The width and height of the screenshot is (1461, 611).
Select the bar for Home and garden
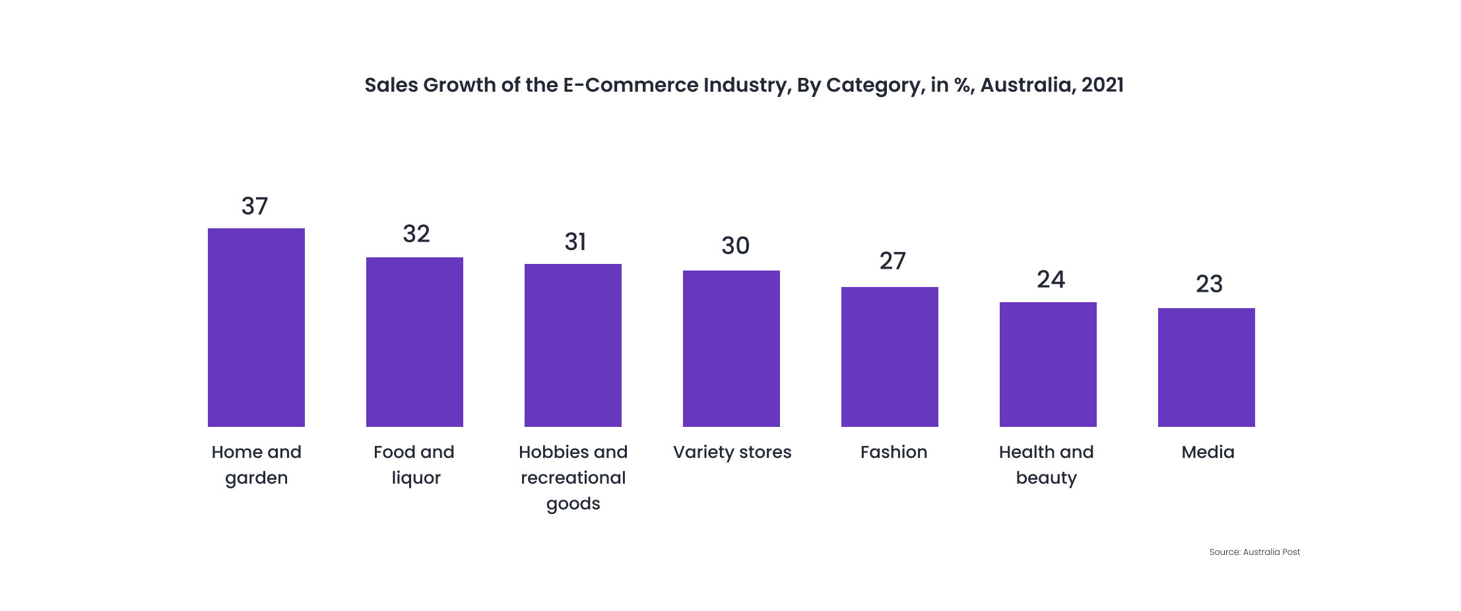tap(256, 327)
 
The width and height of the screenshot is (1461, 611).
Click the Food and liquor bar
tap(414, 342)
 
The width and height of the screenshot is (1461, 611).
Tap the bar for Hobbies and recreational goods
tap(573, 345)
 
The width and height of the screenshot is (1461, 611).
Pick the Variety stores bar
tap(731, 348)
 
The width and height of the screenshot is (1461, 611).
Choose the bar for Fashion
tap(890, 356)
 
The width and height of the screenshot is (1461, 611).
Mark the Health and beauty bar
tap(1048, 364)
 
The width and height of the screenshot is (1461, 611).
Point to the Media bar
tap(1206, 367)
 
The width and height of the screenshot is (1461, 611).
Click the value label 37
tap(255, 207)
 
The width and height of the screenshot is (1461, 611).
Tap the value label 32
tap(416, 234)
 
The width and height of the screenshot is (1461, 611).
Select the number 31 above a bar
tap(575, 242)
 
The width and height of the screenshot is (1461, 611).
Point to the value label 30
tap(735, 246)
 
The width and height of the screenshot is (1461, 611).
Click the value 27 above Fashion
tap(892, 261)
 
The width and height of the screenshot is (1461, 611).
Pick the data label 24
tap(1051, 280)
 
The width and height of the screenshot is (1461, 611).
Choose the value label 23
tap(1209, 284)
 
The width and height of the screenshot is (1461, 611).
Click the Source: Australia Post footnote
tap(1254, 552)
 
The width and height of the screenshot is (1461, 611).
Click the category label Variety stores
tap(732, 452)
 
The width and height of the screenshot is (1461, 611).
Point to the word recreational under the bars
tap(573, 478)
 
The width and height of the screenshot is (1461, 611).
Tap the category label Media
tap(1208, 452)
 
